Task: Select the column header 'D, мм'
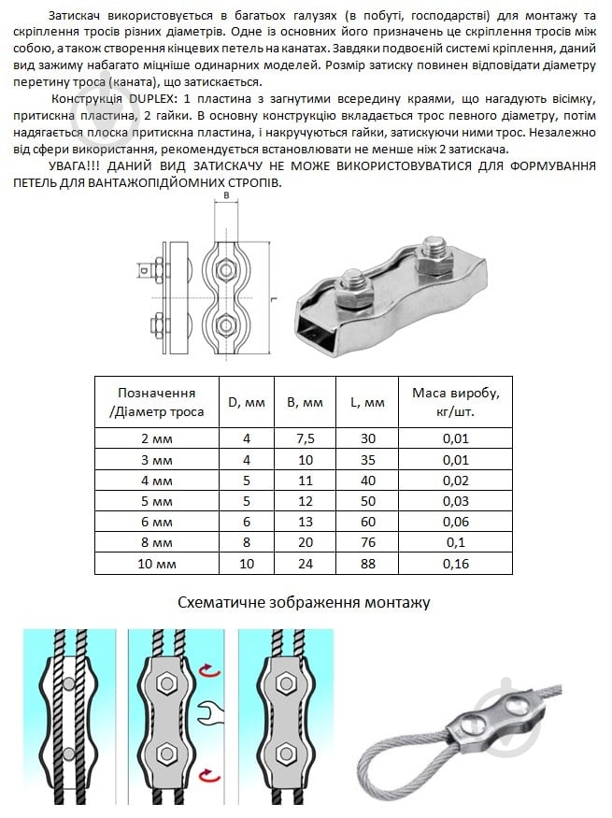(x=247, y=402)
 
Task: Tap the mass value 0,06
(x=455, y=521)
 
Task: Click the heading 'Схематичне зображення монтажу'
(x=304, y=602)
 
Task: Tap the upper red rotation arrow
(x=213, y=669)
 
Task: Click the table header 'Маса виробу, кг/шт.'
(x=455, y=402)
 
